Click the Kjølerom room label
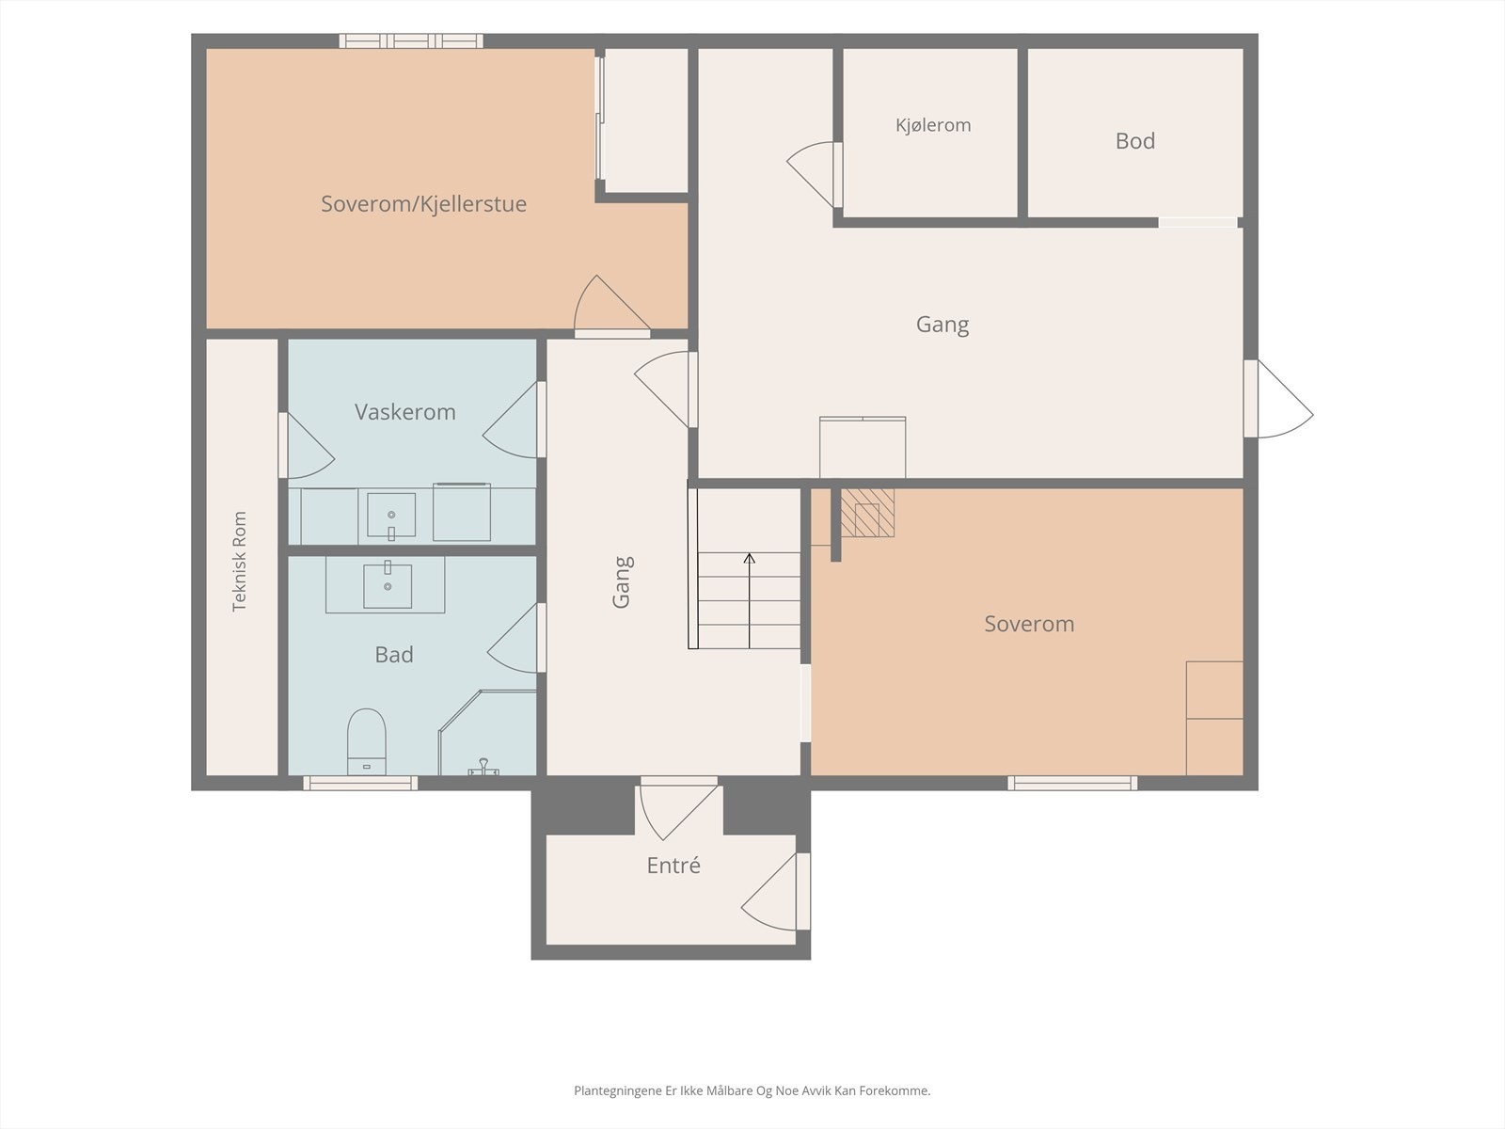pyautogui.click(x=933, y=125)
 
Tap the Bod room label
pyautogui.click(x=1134, y=140)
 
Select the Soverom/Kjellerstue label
pyautogui.click(x=423, y=203)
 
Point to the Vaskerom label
pyautogui.click(x=405, y=411)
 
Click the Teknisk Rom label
pyautogui.click(x=239, y=561)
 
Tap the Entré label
pyautogui.click(x=673, y=865)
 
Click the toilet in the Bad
pyautogui.click(x=367, y=741)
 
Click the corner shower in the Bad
pyautogui.click(x=487, y=733)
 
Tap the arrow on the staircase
pyautogui.click(x=750, y=600)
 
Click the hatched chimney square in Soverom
pyautogui.click(x=867, y=513)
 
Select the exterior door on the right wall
pyautogui.click(x=1278, y=399)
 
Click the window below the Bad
pyautogui.click(x=360, y=783)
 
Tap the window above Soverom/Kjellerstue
pyautogui.click(x=411, y=41)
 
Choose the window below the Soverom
pyautogui.click(x=1072, y=783)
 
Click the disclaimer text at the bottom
pyautogui.click(x=752, y=1090)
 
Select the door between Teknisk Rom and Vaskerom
pyautogui.click(x=306, y=446)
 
